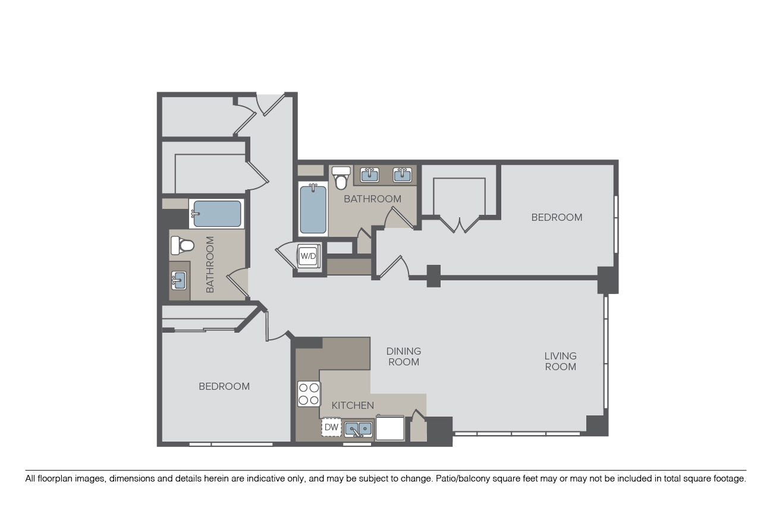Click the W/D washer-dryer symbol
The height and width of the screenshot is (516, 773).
308,256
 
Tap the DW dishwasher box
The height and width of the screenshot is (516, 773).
331,427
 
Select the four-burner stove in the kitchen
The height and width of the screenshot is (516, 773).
309,394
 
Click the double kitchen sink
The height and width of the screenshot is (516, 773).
359,429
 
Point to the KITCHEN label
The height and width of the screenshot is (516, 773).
353,405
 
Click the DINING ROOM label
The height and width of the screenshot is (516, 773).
404,356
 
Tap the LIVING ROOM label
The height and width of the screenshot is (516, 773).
560,361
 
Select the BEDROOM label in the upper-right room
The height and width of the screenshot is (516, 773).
557,217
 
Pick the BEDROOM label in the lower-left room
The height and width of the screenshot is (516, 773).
224,386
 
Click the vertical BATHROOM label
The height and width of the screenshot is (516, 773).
210,265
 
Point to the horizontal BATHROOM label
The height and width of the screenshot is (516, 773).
373,199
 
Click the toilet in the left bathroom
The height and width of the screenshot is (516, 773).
182,246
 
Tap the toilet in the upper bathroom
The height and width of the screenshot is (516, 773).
341,178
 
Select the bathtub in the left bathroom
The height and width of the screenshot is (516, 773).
216,214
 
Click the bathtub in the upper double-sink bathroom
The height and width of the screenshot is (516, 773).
313,209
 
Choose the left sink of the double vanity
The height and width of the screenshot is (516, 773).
370,175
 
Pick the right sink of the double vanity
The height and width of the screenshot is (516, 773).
403,175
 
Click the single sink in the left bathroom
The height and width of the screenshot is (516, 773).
179,280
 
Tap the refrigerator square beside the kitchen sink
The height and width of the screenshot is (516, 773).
390,428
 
